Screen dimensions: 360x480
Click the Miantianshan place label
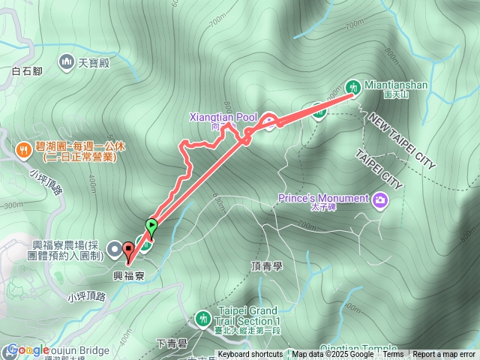(396, 85)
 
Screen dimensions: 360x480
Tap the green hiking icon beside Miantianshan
(353, 85)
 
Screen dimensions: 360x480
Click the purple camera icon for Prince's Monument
(381, 199)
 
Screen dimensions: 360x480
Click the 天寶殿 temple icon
(67, 61)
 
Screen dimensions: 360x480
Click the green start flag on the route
(152, 223)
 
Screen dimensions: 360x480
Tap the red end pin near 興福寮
(128, 251)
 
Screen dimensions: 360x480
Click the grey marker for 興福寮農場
(113, 247)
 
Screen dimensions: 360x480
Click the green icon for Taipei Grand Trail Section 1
(202, 319)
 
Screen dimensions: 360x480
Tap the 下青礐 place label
(172, 343)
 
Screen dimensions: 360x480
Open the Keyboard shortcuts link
(250, 355)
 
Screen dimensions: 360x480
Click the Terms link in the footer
(393, 355)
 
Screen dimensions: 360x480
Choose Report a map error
(445, 355)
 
